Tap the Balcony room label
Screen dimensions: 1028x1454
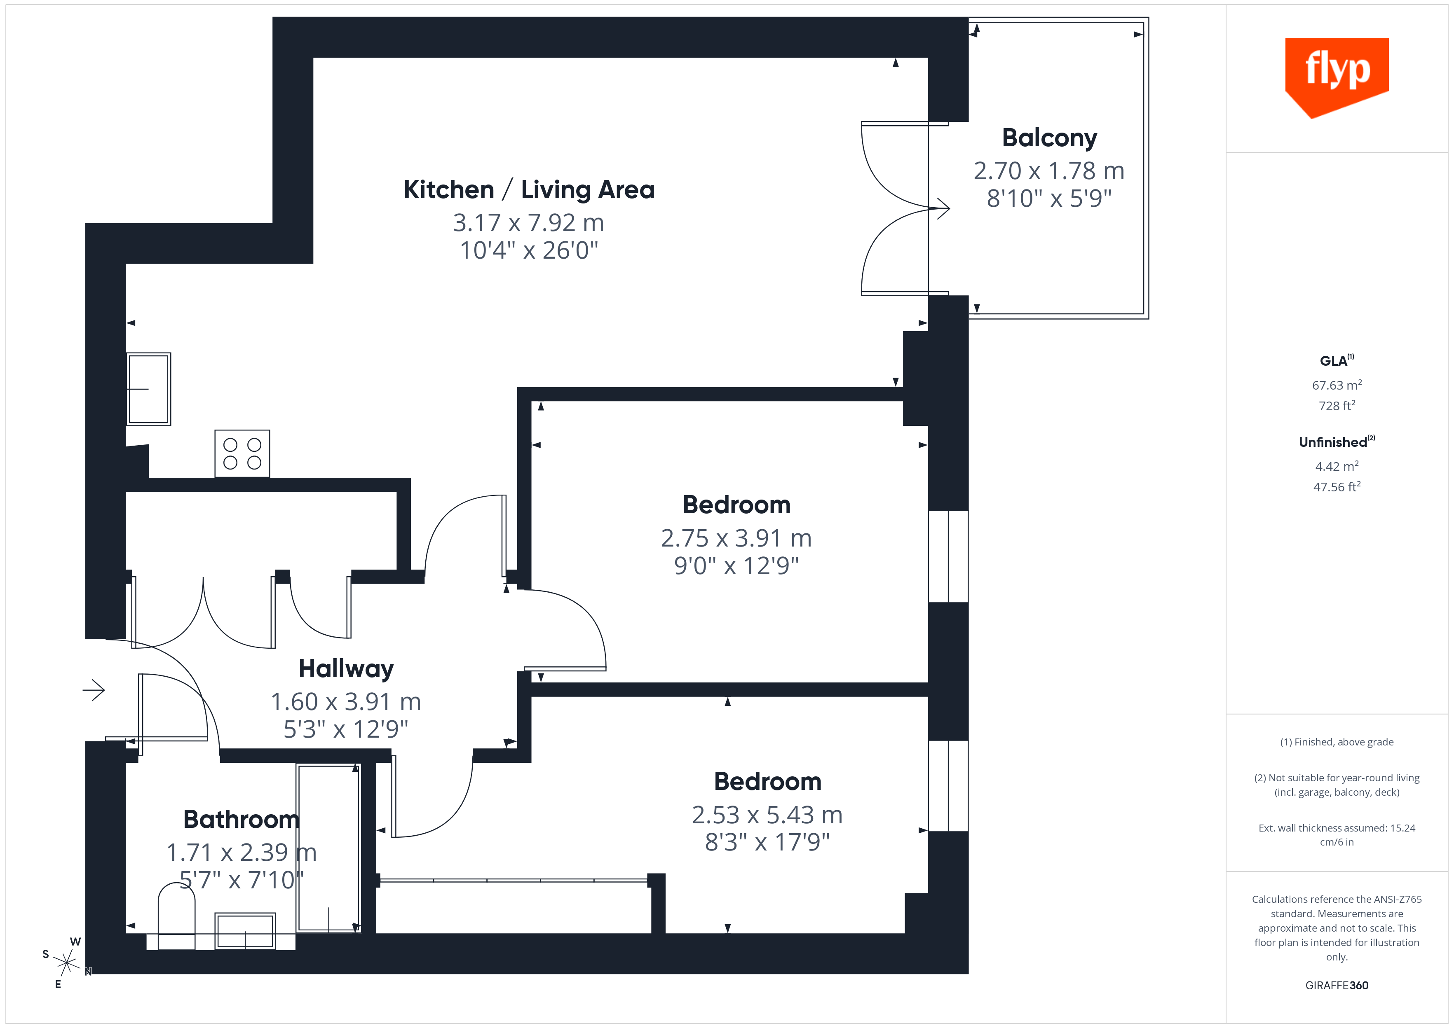click(1049, 138)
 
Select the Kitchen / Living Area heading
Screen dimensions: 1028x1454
click(529, 190)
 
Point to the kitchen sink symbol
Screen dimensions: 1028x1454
click(149, 389)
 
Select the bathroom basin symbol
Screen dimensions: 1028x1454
click(245, 930)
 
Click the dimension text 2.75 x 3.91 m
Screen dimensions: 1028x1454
click(736, 538)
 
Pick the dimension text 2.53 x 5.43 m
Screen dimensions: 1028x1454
click(767, 815)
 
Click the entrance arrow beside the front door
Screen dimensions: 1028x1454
click(94, 690)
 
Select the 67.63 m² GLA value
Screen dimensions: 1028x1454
click(1336, 385)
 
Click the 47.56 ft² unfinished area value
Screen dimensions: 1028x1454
click(1336, 487)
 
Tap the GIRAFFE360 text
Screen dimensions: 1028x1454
click(1336, 985)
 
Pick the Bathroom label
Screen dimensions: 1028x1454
click(241, 819)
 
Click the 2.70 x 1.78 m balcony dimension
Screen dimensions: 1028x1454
click(1049, 171)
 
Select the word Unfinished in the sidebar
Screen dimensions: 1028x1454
click(1332, 442)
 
